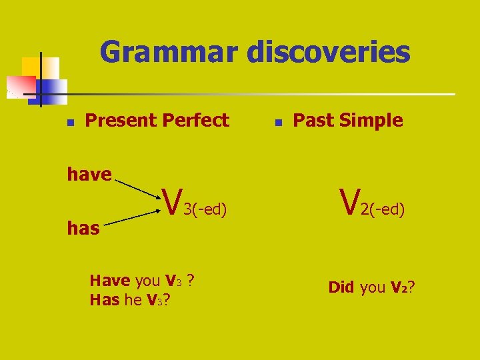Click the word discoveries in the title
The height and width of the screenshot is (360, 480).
coord(329,52)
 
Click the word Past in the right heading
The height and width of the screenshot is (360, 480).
coord(311,121)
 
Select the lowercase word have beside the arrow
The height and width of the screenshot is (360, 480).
coord(89,175)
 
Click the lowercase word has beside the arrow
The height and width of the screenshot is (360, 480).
coord(83,229)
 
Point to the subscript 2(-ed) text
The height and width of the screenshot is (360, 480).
coord(383,210)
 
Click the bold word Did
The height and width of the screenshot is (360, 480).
coord(341,287)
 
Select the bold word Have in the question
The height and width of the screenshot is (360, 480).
coord(110,281)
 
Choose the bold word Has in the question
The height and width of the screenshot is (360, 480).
coord(105,300)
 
